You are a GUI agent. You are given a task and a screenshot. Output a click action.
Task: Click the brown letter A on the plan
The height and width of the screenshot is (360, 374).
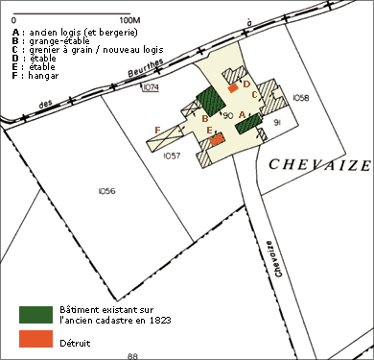(242, 114)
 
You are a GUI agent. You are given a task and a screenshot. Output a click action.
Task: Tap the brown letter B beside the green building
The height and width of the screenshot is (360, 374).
(205, 119)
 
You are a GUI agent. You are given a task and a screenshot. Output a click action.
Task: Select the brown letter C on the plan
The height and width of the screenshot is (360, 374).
(254, 95)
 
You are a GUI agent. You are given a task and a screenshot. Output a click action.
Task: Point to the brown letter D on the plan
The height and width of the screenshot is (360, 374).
(246, 84)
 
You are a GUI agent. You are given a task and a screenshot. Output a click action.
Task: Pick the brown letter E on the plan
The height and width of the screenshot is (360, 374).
(210, 130)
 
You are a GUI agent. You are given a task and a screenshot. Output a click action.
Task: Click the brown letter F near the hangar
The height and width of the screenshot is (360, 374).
(157, 131)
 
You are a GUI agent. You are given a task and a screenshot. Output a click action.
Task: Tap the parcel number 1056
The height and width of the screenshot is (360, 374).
(107, 191)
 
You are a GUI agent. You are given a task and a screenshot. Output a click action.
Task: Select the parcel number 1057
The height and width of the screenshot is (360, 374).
(172, 156)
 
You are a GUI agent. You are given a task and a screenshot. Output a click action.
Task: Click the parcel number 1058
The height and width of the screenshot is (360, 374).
(301, 98)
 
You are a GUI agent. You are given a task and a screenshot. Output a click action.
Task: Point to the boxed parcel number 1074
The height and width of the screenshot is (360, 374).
(151, 87)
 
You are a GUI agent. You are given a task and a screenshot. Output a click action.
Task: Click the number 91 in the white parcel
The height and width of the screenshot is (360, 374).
(277, 123)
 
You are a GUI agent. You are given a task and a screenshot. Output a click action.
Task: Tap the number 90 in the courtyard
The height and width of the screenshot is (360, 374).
(228, 115)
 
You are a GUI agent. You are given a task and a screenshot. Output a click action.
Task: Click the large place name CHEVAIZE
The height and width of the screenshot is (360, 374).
(319, 165)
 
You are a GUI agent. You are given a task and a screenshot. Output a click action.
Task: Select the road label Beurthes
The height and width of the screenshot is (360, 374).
(146, 68)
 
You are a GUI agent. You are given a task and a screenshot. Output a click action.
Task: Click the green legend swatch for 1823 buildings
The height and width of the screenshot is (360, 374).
(35, 315)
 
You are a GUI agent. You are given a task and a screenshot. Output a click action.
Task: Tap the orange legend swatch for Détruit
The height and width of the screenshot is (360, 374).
(35, 339)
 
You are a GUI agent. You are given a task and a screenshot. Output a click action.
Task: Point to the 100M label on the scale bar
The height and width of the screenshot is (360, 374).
(130, 20)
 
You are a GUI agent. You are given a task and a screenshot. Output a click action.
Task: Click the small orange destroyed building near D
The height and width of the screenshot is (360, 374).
(233, 88)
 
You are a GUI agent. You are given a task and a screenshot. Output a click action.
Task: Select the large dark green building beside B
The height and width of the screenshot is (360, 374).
(211, 101)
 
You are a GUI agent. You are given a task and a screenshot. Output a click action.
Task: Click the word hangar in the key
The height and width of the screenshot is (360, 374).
(43, 76)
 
